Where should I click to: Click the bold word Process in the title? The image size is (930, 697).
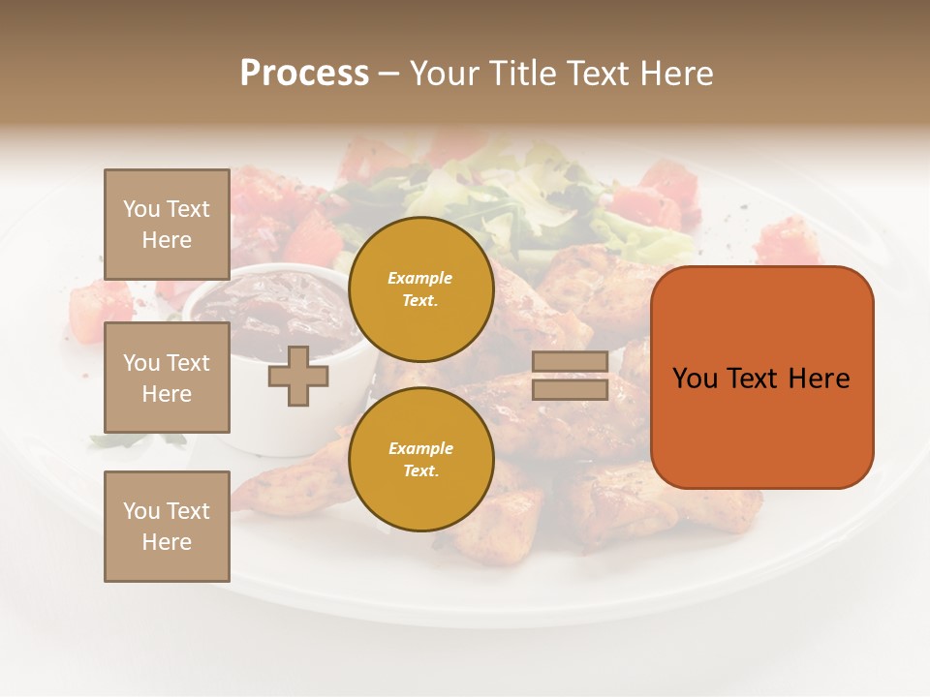304,73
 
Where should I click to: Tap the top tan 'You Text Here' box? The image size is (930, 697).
167,225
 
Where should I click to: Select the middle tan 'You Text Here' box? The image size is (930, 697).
167,378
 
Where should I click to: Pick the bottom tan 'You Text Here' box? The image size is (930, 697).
167,526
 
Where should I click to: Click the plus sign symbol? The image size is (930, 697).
297,376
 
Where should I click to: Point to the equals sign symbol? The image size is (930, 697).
570,376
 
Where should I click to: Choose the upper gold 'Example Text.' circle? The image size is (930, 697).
420,289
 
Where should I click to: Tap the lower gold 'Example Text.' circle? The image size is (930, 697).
420,459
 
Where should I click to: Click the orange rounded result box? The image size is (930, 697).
761,378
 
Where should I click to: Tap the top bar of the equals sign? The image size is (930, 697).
570,362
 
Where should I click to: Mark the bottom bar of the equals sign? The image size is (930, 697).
570,389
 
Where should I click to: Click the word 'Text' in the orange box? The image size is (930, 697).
753,378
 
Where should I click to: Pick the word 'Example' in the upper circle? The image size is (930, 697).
420,278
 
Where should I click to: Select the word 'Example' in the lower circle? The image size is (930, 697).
420,448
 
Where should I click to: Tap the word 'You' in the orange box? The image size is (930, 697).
696,378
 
